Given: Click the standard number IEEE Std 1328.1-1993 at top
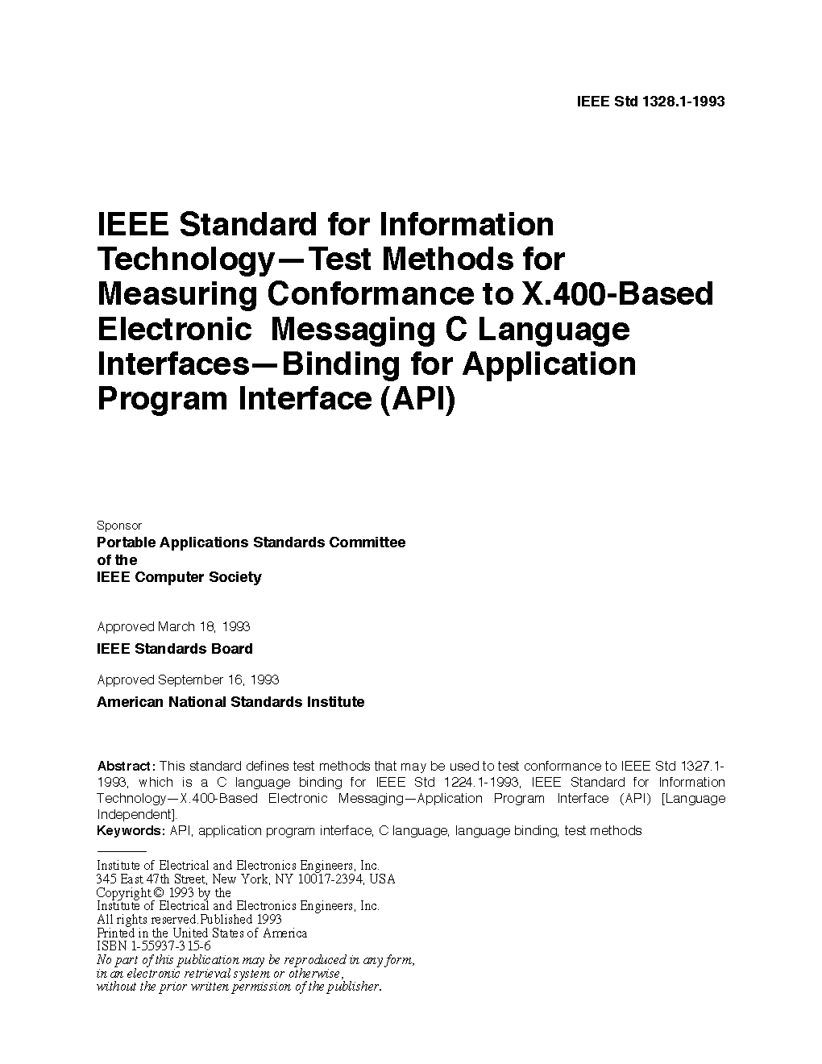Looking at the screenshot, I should coord(651,102).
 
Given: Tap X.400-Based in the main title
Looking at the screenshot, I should coord(618,294).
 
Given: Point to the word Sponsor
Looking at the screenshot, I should coord(118,526).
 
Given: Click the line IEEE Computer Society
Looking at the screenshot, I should coord(179,577).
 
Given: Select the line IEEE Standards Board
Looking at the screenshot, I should coord(175,649).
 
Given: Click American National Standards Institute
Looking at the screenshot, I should coord(230,702).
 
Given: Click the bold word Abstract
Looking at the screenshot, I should coord(125,766).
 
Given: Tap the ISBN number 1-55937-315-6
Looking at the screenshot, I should coord(167,946).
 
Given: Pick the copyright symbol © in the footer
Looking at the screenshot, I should coord(158,892).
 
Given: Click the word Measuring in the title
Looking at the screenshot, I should coord(177,294).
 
